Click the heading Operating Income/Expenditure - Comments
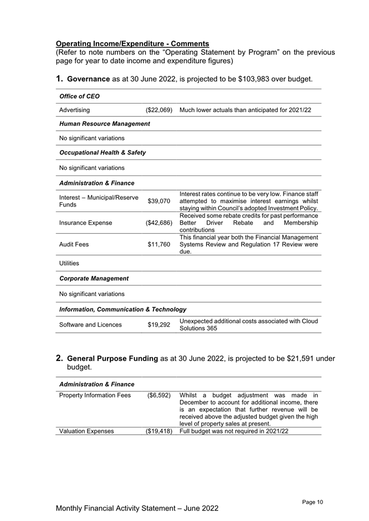pos(132,43)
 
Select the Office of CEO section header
pos(79,96)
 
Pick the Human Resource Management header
pos(104,124)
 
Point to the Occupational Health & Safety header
pos(102,152)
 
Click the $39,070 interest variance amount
pos(158,201)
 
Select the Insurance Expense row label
pos(85,223)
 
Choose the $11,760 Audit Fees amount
pos(158,244)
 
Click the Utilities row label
pos(69,263)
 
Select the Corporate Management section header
pos(94,278)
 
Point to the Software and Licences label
pos(90,325)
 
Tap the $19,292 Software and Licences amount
pos(158,325)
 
